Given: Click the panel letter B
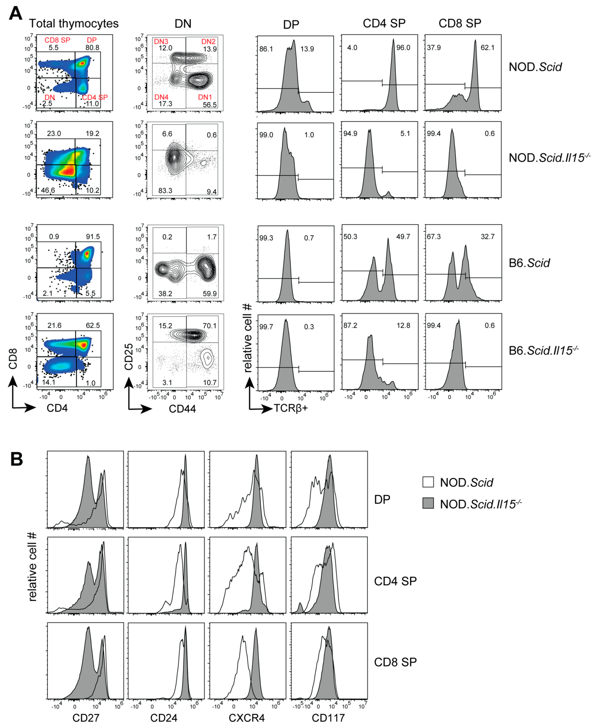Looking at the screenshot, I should point(17,459).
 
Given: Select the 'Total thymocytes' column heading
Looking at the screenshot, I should point(74,23).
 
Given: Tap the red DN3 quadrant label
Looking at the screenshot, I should point(161,42).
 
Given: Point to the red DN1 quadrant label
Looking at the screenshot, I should point(205,97).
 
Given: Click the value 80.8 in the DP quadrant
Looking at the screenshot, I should point(92,48).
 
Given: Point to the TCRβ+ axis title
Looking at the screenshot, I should point(291,409).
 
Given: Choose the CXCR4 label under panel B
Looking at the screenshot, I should point(246,718).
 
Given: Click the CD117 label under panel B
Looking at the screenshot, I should point(328,718).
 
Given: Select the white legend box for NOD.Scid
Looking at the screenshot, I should point(428,482).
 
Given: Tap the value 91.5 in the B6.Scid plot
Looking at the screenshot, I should point(93,237).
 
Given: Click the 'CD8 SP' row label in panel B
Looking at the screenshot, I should point(395,662).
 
